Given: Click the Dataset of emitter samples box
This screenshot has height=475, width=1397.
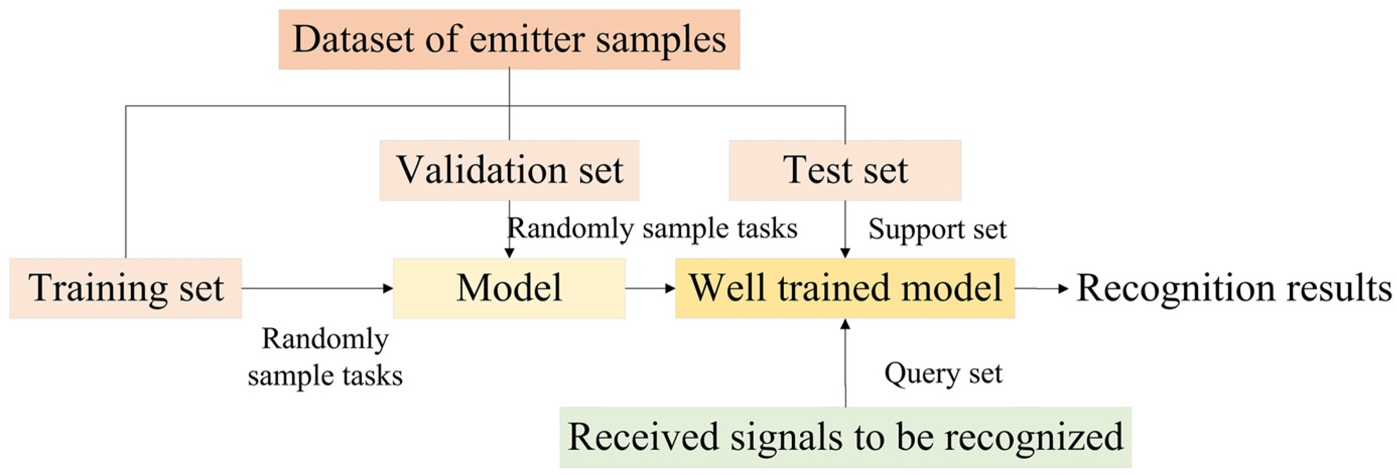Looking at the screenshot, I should click(509, 40).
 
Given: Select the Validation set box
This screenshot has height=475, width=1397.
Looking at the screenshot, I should click(509, 170).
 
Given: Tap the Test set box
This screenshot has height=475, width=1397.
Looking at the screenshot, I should click(844, 170).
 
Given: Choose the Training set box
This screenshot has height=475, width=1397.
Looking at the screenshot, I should click(125, 288).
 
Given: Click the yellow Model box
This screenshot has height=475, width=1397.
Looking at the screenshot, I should click(509, 288).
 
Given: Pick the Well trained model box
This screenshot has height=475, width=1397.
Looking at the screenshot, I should click(844, 288).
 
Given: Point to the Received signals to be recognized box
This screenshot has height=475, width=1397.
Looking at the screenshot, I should click(845, 437).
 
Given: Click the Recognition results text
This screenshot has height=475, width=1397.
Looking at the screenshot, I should click(1234, 288).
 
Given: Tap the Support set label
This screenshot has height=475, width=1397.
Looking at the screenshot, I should click(937, 229).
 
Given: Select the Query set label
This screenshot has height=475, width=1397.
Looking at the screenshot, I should click(943, 374).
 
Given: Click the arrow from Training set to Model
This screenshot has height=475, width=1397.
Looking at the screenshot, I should click(317, 288).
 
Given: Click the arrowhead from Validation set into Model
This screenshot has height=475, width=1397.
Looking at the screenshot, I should click(509, 253).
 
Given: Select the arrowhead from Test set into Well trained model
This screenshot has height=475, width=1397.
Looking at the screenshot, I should click(845, 253).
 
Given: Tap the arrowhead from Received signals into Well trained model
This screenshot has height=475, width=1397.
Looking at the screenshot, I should click(845, 325).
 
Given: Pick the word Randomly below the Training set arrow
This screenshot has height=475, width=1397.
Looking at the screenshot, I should click(325, 340).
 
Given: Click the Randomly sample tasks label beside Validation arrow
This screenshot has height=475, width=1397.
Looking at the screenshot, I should click(652, 228).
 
